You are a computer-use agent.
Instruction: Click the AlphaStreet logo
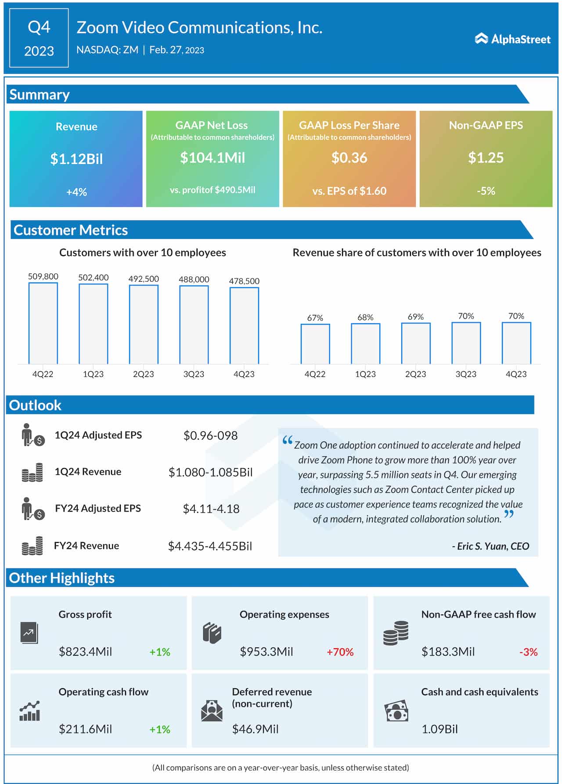(512, 39)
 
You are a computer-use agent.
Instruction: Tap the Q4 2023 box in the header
(39, 38)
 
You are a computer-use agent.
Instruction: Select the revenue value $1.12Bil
(76, 159)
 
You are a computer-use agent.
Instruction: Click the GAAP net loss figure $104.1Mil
(213, 158)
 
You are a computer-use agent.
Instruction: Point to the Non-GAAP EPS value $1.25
(486, 158)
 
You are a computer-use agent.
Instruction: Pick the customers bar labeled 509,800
(43, 323)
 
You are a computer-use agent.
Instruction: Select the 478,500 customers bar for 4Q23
(244, 325)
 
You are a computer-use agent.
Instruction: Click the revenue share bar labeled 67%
(315, 344)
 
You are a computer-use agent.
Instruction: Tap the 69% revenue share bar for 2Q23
(416, 343)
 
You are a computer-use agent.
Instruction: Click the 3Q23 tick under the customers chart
(194, 374)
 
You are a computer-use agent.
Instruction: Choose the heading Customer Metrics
(71, 230)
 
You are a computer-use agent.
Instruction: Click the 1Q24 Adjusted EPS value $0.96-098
(210, 436)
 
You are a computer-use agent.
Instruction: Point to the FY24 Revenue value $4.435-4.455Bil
(210, 546)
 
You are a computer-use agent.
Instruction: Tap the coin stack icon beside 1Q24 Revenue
(32, 473)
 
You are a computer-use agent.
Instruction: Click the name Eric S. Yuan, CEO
(491, 546)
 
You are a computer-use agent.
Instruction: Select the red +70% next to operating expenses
(340, 652)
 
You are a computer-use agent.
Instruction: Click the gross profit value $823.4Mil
(85, 652)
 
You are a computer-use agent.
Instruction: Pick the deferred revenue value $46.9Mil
(255, 730)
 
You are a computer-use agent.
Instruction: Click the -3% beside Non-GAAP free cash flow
(528, 652)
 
